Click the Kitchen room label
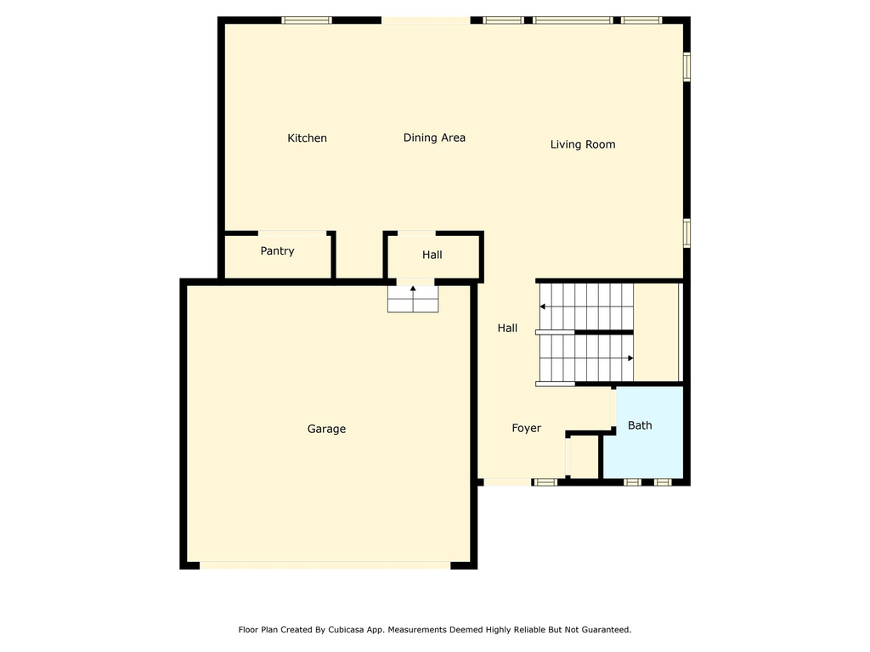tap(307, 138)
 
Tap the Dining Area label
tap(434, 138)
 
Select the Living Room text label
tap(583, 144)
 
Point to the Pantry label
tap(277, 251)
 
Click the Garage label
tap(326, 429)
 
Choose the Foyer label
tap(526, 428)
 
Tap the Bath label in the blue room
tap(640, 425)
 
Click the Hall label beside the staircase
tap(507, 329)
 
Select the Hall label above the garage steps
tap(432, 255)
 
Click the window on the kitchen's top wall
tap(307, 20)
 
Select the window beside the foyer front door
tap(545, 482)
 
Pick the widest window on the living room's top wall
tap(573, 20)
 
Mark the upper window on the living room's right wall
tap(686, 66)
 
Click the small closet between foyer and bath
tap(583, 457)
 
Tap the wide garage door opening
tap(325, 565)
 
